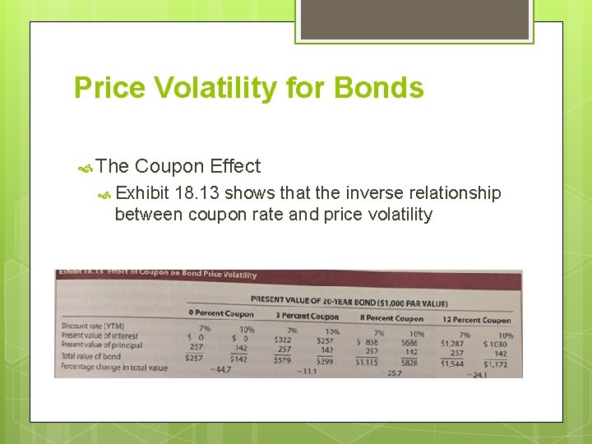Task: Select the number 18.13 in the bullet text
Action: (x=195, y=193)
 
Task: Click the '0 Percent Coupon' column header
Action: (x=221, y=313)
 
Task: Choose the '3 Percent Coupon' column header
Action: (x=307, y=317)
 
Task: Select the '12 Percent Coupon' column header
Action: (x=476, y=320)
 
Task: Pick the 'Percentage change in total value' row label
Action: (x=114, y=368)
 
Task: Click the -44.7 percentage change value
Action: (x=220, y=370)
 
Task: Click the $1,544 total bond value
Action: (x=451, y=363)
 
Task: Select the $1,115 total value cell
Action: (x=366, y=362)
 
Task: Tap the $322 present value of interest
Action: (x=282, y=339)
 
